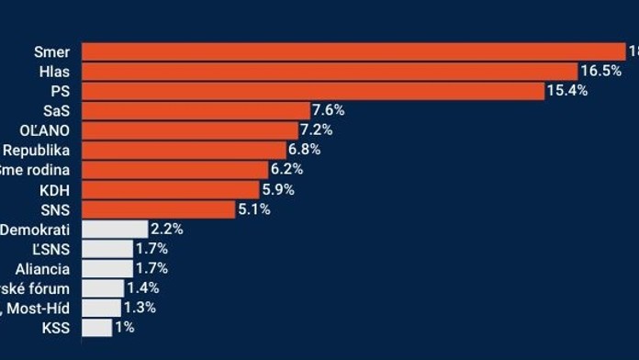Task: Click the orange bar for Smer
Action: [x=353, y=51]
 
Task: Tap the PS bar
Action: [x=313, y=91]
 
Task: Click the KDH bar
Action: [x=170, y=189]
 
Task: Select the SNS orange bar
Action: [x=158, y=209]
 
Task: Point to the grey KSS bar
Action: [x=96, y=327]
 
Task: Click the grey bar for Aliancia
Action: [x=106, y=268]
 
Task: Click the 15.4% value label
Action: [x=567, y=91]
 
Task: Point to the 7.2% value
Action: [x=318, y=130]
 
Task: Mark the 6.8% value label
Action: [x=306, y=150]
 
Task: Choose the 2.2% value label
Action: [x=167, y=229]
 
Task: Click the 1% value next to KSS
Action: [x=125, y=327]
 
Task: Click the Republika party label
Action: [x=36, y=150]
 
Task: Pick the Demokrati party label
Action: [x=36, y=229]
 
